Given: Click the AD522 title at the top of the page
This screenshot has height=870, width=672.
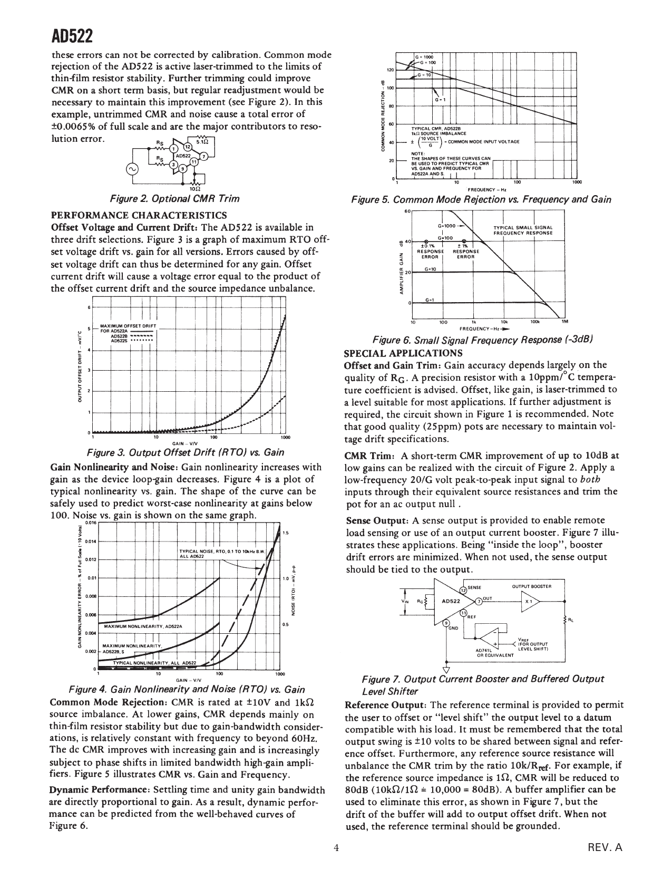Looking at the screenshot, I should (x=72, y=37).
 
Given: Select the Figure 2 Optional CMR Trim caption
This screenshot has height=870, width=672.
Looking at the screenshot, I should (x=174, y=199).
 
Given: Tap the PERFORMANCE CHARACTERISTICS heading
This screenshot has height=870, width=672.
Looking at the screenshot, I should (x=139, y=215).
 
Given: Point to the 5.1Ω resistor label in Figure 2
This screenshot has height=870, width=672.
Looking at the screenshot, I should (x=202, y=141).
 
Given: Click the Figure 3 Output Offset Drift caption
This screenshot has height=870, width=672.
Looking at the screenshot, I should (x=185, y=452).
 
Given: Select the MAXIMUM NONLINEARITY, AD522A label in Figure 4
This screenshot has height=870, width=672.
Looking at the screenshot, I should (x=142, y=626).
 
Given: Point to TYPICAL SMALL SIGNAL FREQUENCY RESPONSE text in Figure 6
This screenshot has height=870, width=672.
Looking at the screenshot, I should (x=523, y=230).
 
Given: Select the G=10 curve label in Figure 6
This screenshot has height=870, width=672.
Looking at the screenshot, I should (x=430, y=269).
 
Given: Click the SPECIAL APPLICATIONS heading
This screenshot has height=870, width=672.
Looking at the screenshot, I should (x=403, y=353).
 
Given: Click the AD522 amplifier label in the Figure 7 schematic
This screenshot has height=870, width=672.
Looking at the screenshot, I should (x=451, y=601).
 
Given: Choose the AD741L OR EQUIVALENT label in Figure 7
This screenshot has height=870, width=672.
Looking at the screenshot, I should (x=495, y=653).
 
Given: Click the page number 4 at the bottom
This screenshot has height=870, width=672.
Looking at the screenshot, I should (x=336, y=848).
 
